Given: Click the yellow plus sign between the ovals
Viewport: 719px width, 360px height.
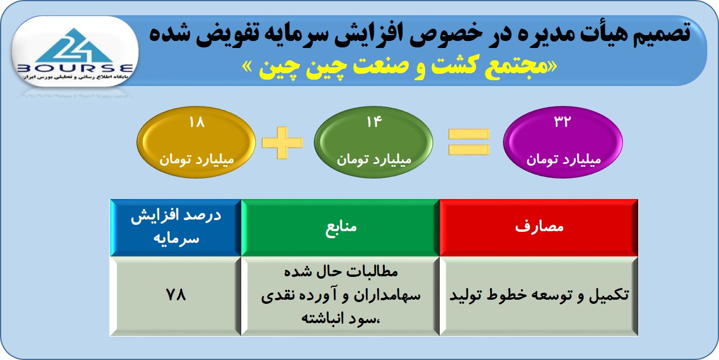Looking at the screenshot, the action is pos(282,143).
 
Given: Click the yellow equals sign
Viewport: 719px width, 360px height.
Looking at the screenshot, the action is pos(469,142).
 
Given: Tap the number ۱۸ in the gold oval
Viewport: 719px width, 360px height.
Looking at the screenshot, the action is pos(197,122).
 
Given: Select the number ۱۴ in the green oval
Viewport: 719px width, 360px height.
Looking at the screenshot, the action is pos(374,122).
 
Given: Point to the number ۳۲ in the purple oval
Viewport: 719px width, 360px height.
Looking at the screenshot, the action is pos(563,122).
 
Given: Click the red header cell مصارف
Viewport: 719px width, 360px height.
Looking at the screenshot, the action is pos(539,228).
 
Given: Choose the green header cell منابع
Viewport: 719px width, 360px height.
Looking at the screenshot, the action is pos(340,228).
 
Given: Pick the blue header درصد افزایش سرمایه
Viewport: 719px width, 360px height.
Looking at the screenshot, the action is pos(176,228).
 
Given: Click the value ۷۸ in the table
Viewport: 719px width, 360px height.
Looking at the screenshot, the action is pos(176,294).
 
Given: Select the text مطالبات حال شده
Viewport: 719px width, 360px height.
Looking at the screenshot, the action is pos(341,272).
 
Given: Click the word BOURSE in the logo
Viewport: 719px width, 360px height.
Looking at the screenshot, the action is pos(76,68).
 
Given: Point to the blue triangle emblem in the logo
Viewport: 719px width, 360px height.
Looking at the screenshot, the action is pos(74,45).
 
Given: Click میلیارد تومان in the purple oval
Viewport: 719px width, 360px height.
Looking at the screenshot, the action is pos(563,159).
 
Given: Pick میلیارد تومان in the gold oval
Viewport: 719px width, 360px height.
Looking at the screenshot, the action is pos(197,159).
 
